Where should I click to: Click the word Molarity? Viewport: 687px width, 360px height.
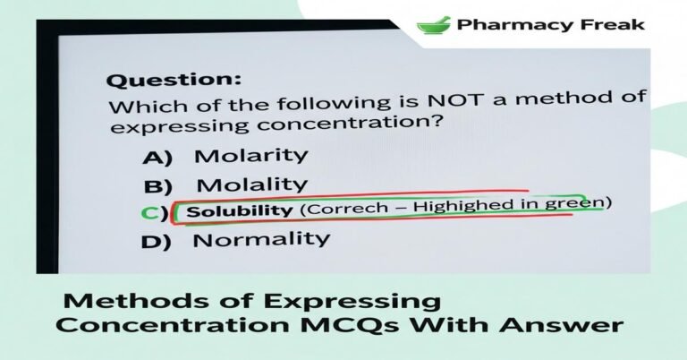(x=250, y=155)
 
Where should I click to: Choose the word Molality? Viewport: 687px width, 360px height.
(x=251, y=185)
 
